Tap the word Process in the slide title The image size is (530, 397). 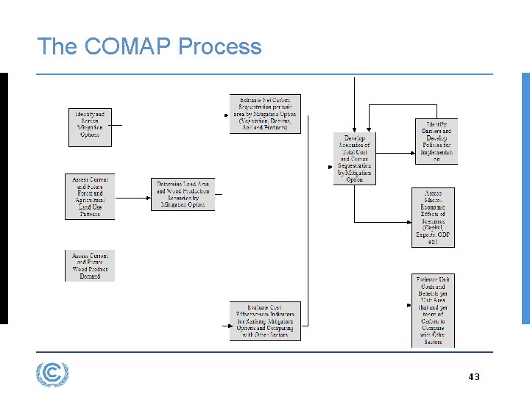(220, 47)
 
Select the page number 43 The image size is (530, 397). (473, 377)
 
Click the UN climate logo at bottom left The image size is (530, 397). (52, 375)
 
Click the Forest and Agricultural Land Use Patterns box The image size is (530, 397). (90, 197)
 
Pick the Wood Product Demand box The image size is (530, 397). (90, 266)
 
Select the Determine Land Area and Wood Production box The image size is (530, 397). (182, 195)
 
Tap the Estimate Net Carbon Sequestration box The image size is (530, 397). (265, 114)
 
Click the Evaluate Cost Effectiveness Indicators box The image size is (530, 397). (265, 321)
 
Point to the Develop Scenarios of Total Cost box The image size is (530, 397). (355, 158)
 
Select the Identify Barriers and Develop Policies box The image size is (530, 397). (436, 141)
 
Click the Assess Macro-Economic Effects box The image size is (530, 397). (434, 218)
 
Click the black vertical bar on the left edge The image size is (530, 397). (4, 198)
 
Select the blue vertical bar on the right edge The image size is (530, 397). (526, 198)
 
